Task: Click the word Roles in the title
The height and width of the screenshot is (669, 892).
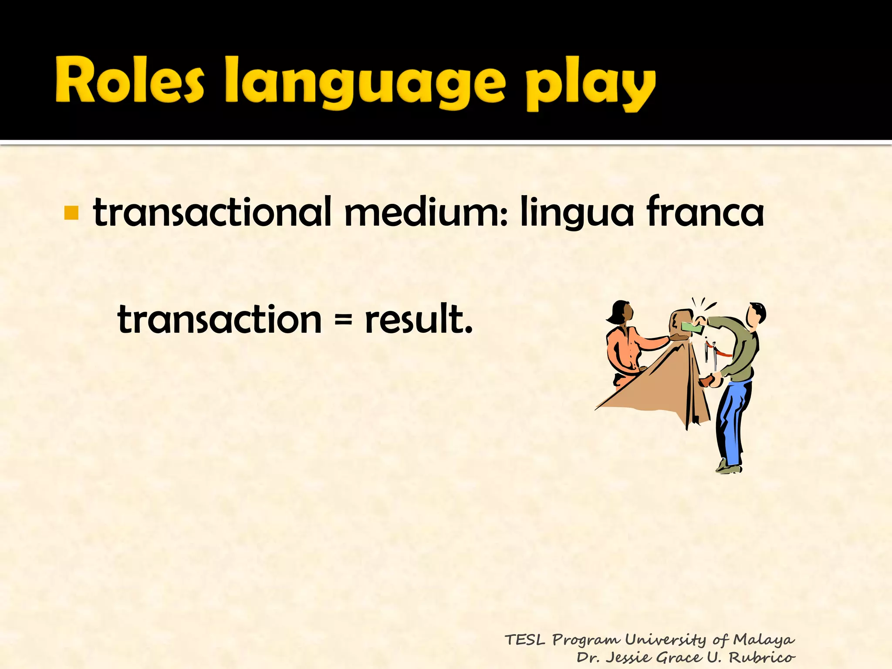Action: tap(129, 81)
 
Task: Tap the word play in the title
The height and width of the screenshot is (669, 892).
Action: tap(590, 85)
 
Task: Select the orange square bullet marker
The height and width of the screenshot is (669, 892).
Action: tap(71, 213)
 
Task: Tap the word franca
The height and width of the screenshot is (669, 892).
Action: tap(705, 213)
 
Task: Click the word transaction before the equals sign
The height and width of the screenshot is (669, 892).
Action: tap(220, 320)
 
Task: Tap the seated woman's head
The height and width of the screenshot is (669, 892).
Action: tap(622, 313)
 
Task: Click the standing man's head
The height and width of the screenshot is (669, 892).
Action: tap(755, 314)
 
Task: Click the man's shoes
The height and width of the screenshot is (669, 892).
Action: tap(729, 468)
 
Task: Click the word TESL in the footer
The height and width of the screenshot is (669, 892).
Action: tap(525, 640)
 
